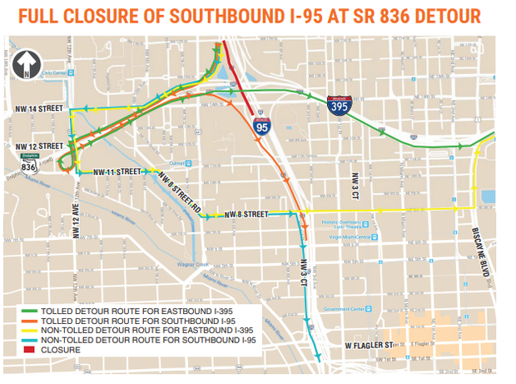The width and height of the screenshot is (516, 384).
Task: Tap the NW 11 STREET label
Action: (117, 171)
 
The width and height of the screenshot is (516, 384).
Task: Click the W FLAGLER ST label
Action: (366, 344)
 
